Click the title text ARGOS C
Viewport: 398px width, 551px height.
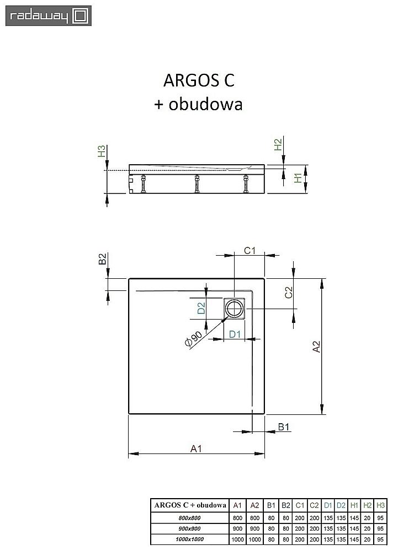point(198,80)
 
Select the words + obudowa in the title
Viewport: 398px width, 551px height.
point(198,104)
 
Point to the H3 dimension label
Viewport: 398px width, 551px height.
point(102,152)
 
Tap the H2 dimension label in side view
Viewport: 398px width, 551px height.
point(278,145)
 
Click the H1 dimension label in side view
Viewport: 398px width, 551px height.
point(298,177)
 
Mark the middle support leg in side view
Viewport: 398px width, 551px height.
point(197,183)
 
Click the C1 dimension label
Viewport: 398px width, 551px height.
point(250,251)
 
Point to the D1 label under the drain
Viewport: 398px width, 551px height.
point(235,334)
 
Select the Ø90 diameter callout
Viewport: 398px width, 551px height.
point(194,340)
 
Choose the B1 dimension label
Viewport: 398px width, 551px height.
point(284,426)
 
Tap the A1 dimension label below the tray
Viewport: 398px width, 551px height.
point(194,449)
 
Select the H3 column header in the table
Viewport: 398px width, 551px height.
point(380,504)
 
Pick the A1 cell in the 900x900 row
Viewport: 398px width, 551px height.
point(237,527)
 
